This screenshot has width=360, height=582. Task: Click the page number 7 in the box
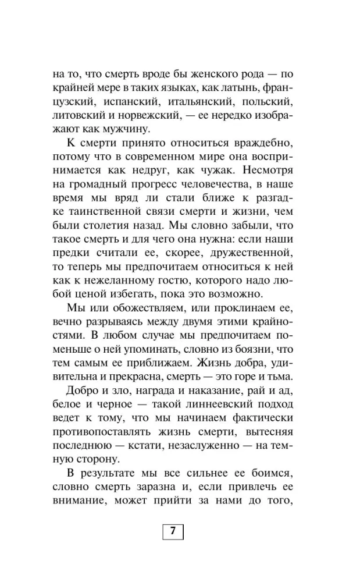point(172,532)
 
